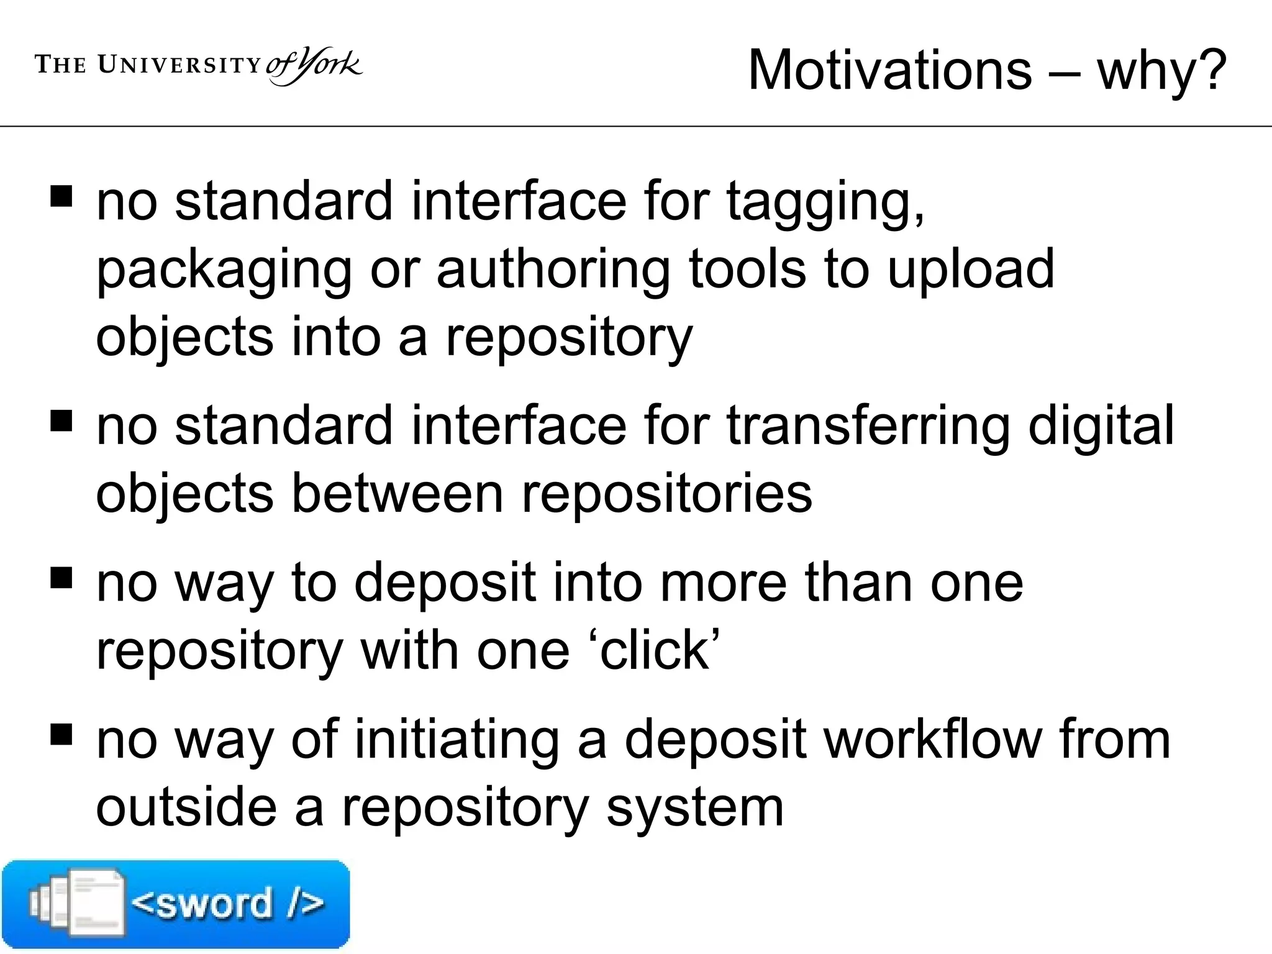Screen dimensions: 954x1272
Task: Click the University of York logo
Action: pyautogui.click(x=199, y=66)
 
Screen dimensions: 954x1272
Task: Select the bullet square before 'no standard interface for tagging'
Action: pyautogui.click(x=61, y=198)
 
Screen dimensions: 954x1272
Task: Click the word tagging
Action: pyautogui.click(x=825, y=203)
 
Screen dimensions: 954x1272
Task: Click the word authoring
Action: pyautogui.click(x=553, y=271)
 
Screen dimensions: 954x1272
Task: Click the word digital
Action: pyautogui.click(x=1101, y=427)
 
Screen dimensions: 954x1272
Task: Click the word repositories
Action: pyautogui.click(x=666, y=496)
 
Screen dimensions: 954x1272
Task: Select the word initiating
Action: pyautogui.click(x=457, y=740)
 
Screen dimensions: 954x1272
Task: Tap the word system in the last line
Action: pyautogui.click(x=694, y=810)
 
